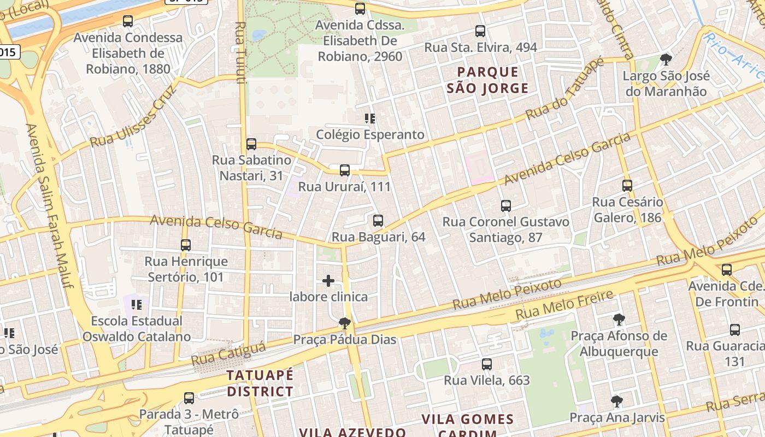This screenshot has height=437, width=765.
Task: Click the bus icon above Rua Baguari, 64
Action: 378,221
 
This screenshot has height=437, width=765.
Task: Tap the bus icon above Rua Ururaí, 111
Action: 345,170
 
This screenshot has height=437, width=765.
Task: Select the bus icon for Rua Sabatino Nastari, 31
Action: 251,144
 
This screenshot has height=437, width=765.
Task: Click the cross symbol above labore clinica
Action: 328,281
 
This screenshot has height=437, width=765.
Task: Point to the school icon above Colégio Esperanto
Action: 370,118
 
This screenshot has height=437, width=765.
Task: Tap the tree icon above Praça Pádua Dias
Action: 345,323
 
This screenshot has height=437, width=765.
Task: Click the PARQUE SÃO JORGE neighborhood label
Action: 487,80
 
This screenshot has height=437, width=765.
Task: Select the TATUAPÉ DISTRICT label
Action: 260,383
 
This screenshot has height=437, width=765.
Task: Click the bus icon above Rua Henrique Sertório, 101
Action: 186,245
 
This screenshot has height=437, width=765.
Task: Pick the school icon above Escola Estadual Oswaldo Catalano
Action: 137,304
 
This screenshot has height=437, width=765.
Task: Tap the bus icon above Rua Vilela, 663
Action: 487,364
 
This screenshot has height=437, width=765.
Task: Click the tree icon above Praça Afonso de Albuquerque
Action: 619,320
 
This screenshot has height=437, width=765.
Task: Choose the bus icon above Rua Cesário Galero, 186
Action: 627,186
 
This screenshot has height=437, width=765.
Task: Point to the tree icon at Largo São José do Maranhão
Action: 666,60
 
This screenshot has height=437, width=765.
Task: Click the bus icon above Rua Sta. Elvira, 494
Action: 480,31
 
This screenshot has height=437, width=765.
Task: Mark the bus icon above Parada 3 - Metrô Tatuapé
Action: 189,398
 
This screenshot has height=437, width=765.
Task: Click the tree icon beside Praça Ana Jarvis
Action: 617,401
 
